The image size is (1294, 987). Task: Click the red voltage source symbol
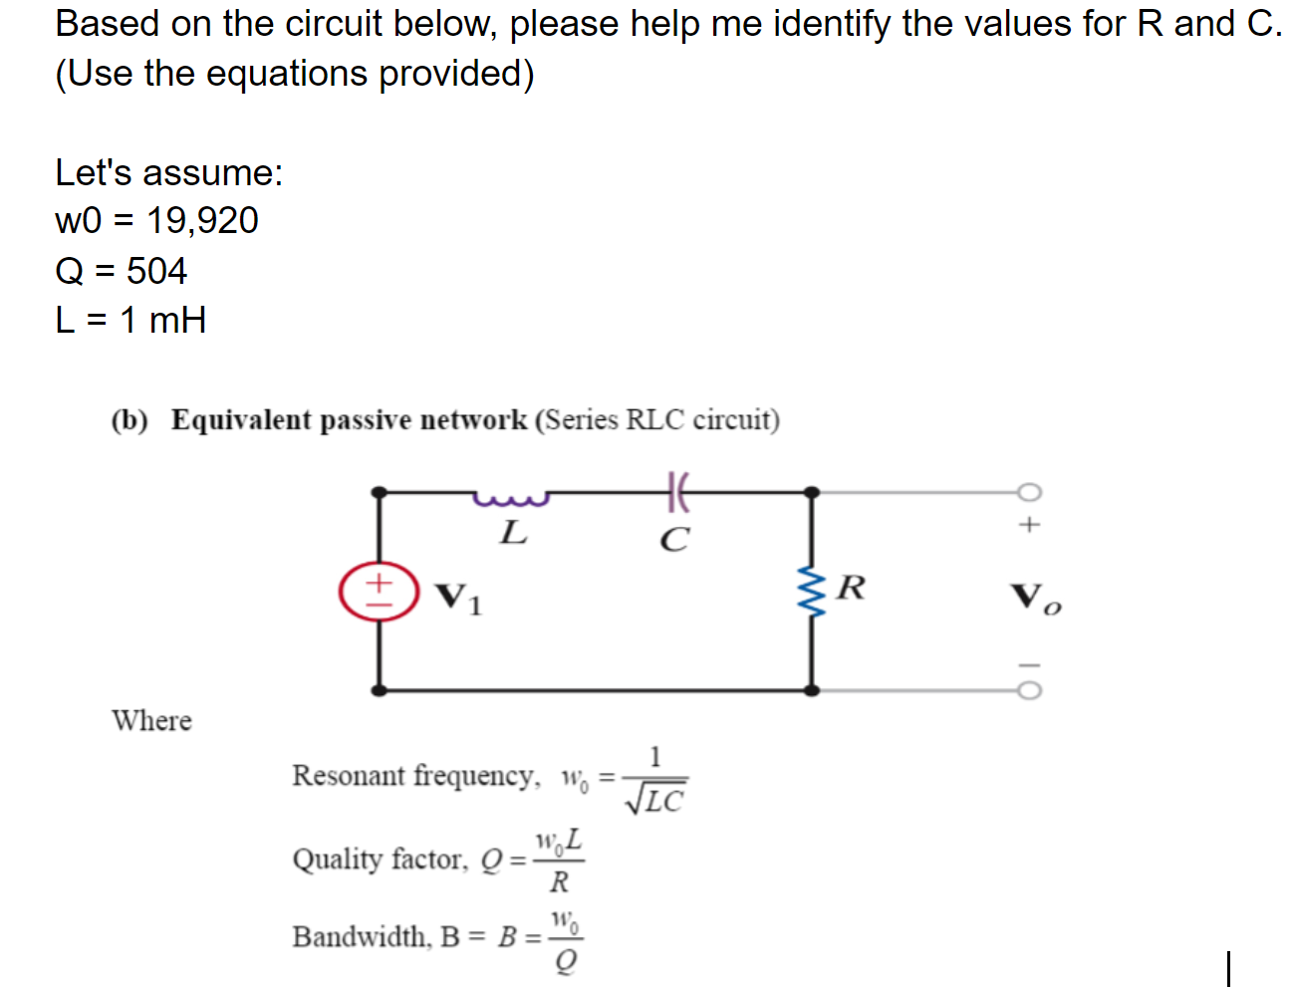(379, 592)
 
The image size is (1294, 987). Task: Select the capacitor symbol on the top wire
(676, 491)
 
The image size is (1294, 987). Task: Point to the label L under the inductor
(513, 533)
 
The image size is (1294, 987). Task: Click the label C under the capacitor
(674, 540)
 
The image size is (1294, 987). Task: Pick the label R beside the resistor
(851, 588)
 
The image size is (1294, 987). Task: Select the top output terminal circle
(1029, 492)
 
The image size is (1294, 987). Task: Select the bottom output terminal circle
(1029, 690)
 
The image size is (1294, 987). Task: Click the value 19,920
(202, 220)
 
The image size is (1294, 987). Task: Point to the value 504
(156, 271)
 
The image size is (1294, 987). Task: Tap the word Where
(151, 720)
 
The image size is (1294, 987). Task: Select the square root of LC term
(654, 799)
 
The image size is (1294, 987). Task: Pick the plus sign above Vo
(1029, 524)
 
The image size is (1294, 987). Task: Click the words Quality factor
(379, 859)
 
